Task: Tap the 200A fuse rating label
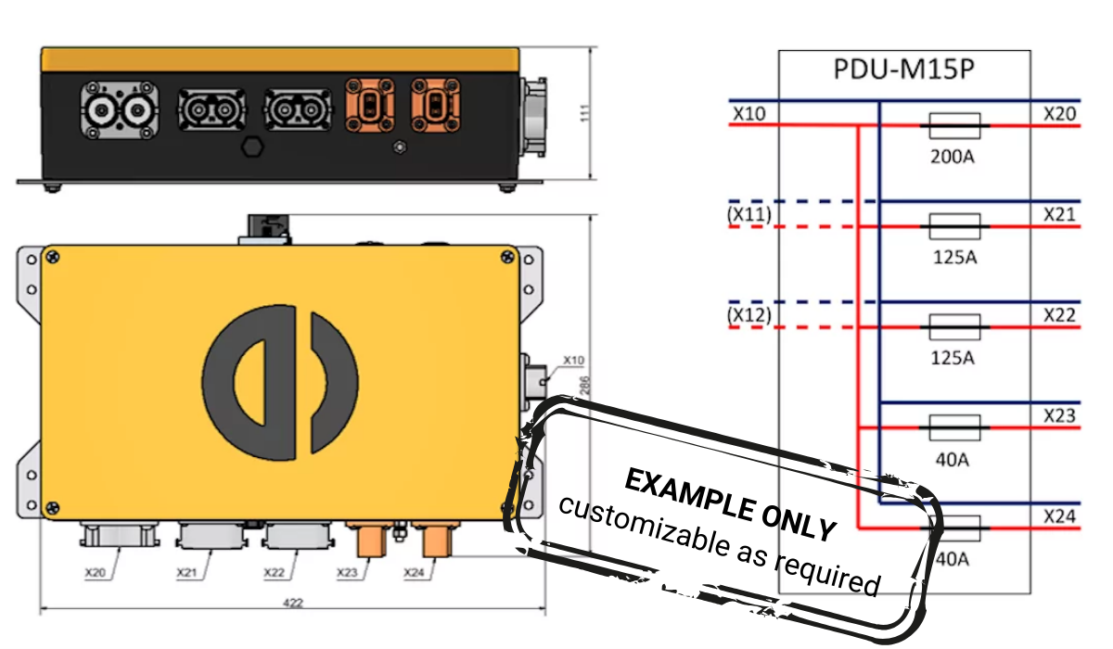click(953, 157)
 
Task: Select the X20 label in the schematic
click(1059, 113)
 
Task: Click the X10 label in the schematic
click(748, 113)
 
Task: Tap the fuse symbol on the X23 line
click(953, 427)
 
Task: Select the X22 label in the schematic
click(1059, 315)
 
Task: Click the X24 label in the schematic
click(1059, 515)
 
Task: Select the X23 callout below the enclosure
click(348, 573)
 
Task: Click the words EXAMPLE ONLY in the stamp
click(730, 503)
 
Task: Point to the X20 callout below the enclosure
click(95, 573)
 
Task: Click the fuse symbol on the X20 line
click(953, 124)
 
